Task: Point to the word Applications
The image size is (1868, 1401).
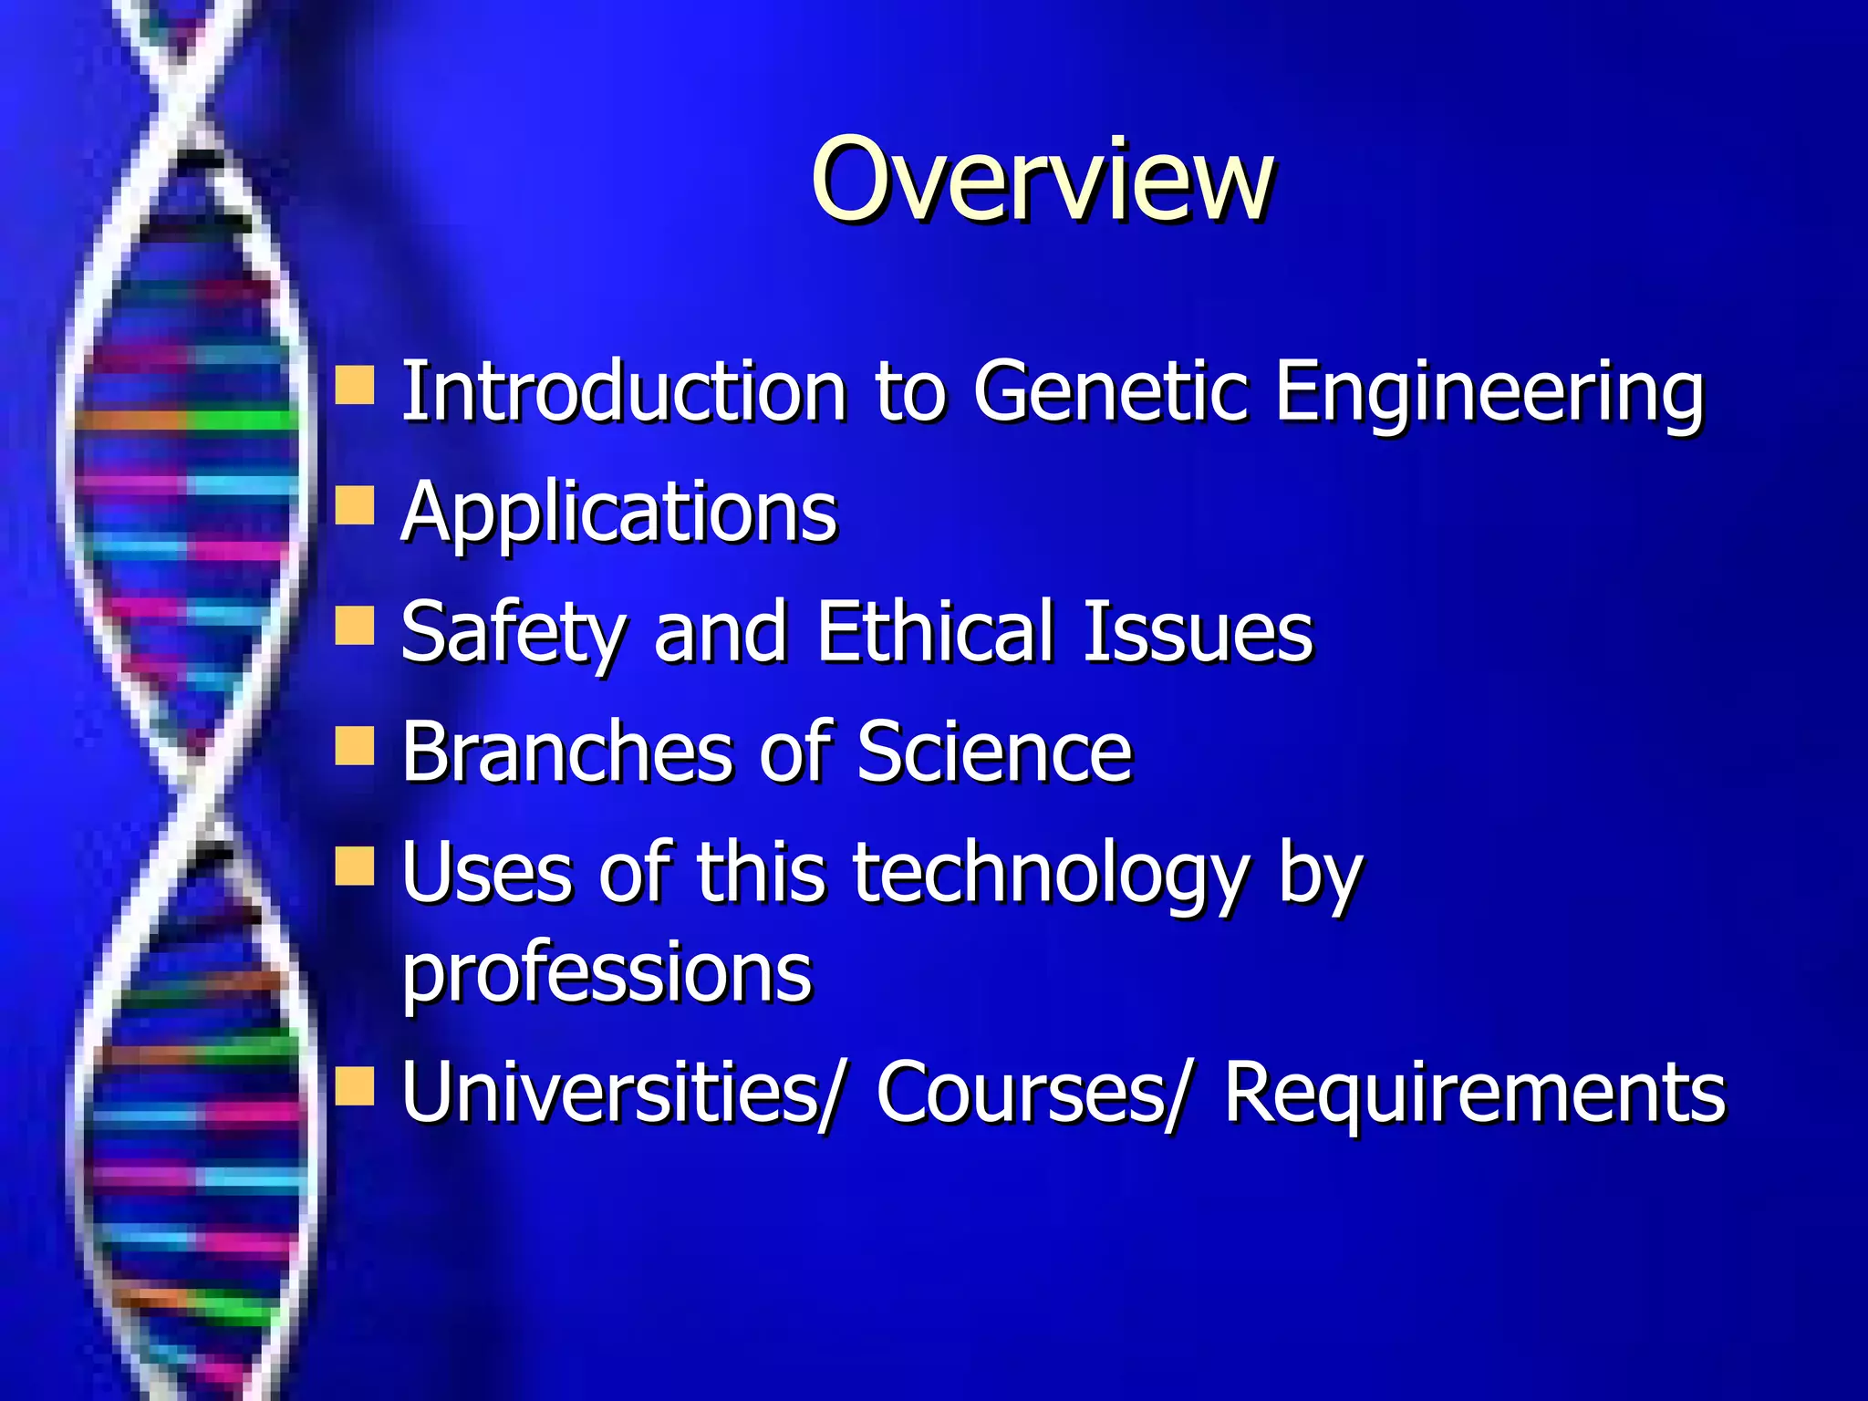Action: click(618, 514)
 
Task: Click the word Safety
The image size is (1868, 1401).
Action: click(514, 632)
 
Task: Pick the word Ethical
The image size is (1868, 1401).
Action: click(935, 631)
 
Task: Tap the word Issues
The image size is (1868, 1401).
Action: click(1198, 632)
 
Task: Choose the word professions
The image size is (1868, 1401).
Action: click(607, 973)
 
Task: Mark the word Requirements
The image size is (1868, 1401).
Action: click(1474, 1092)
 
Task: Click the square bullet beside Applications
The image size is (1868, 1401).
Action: click(355, 505)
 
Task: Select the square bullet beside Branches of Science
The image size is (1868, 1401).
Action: click(355, 745)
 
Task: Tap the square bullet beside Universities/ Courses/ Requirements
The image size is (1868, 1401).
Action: click(355, 1085)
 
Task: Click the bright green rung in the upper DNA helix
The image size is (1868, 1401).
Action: click(242, 420)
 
